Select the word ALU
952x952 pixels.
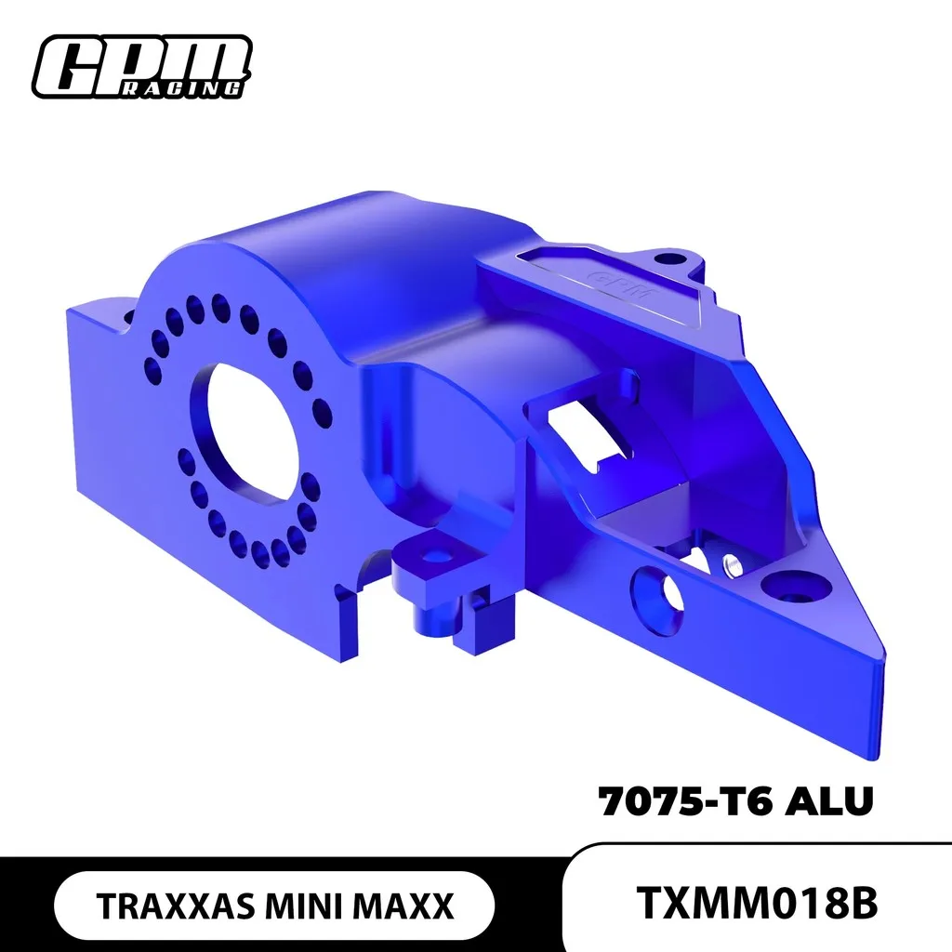[x=829, y=801]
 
